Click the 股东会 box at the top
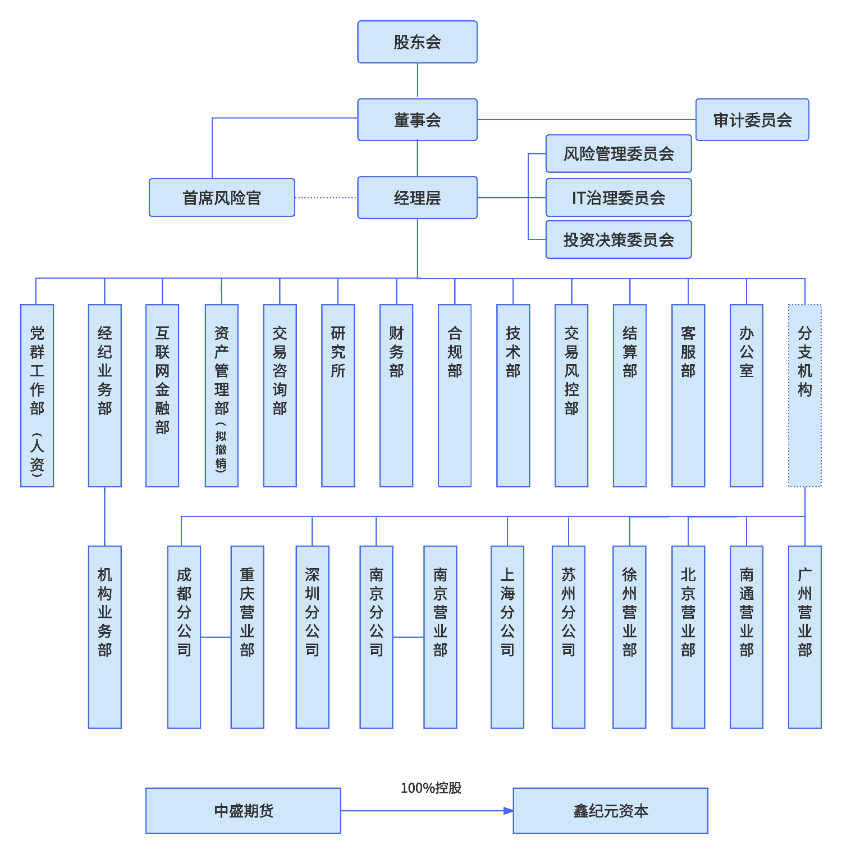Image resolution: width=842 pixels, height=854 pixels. pos(417,42)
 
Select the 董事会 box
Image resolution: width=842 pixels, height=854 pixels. pos(417,120)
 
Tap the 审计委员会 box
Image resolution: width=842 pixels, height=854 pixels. pos(752,120)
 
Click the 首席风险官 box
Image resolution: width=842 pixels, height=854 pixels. pos(222,198)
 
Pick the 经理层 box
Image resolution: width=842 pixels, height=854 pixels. pos(417,198)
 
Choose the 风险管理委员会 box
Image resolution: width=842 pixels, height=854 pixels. pos(619,153)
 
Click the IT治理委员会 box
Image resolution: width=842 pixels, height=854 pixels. pos(619,198)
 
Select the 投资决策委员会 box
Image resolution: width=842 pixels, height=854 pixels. pos(619,240)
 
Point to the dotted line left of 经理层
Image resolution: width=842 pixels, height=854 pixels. pos(326,198)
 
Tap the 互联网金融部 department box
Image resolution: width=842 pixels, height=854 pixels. pos(162,396)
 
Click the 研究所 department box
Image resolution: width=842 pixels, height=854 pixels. pos(338,396)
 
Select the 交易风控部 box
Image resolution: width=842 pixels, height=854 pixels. pos(571,396)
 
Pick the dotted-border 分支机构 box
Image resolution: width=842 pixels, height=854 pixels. pos(805,396)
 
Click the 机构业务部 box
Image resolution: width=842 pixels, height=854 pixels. pos(105,637)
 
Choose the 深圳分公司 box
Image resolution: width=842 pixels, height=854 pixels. pos(313,637)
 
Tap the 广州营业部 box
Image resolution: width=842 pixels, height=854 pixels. pos(805,637)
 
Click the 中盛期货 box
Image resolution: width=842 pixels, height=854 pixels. pos(243,811)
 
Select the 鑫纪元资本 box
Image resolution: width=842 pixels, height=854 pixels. pos(610,811)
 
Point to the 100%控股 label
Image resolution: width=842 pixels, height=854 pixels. pos(431,788)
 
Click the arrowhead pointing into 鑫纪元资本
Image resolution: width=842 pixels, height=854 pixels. pos(509,811)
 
